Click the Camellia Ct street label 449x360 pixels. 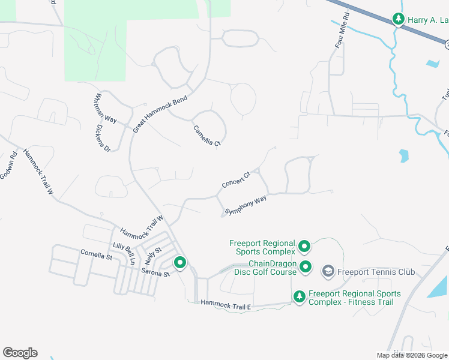(x=208, y=136)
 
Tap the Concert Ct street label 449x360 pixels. (x=236, y=179)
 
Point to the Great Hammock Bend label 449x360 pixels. (x=160, y=113)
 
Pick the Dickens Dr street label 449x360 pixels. (x=104, y=138)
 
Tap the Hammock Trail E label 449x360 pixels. (x=224, y=305)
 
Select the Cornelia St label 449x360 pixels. (x=96, y=256)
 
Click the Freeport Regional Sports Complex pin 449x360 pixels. (x=304, y=246)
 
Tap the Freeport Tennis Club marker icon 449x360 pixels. (x=328, y=272)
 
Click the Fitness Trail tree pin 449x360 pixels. (x=300, y=296)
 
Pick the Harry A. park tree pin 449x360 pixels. (x=398, y=20)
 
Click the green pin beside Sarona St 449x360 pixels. (x=179, y=262)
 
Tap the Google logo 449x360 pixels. (x=20, y=353)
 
